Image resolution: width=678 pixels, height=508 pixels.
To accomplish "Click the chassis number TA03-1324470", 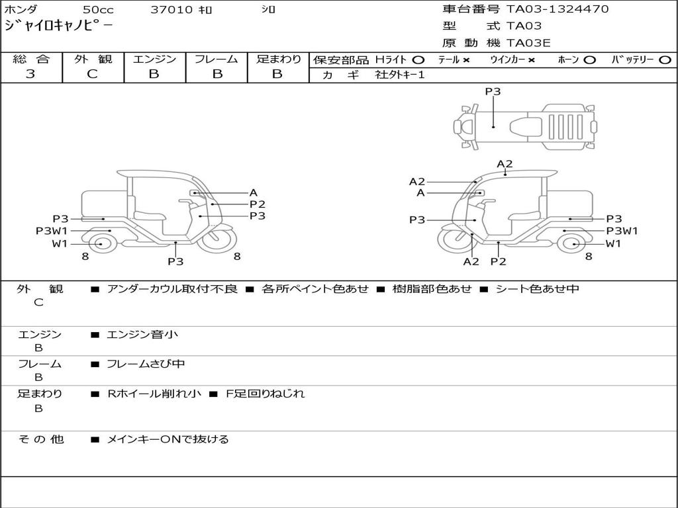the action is click(557, 9).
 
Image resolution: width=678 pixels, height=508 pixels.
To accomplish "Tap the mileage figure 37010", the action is click(171, 10).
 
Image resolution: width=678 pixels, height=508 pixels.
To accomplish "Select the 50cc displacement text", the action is click(98, 10).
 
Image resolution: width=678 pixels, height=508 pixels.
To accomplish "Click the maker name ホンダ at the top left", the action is click(21, 10).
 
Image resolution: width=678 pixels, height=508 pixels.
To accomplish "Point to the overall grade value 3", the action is click(30, 74).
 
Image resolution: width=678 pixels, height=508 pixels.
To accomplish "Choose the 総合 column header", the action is click(31, 60).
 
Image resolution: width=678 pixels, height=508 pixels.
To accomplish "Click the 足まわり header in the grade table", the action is click(278, 60).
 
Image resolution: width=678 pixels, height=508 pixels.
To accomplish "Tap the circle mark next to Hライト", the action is click(418, 60).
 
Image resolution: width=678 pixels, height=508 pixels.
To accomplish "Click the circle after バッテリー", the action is click(665, 60).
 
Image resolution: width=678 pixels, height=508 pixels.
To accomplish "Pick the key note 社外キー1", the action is click(400, 75).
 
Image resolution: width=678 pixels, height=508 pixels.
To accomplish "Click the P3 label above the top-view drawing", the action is click(493, 92).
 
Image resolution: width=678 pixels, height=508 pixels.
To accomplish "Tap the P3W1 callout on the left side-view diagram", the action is click(52, 231).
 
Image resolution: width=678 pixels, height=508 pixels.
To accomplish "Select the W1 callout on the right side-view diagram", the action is click(614, 243).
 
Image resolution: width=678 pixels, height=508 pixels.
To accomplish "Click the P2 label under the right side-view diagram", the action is click(498, 261).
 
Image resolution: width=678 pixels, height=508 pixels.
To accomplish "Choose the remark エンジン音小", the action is click(142, 335).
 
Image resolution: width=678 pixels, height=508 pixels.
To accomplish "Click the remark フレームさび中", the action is click(146, 364).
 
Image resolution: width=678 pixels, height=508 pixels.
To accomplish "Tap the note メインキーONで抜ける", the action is click(168, 439).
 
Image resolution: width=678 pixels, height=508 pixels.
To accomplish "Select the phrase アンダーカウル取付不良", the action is click(171, 289).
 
